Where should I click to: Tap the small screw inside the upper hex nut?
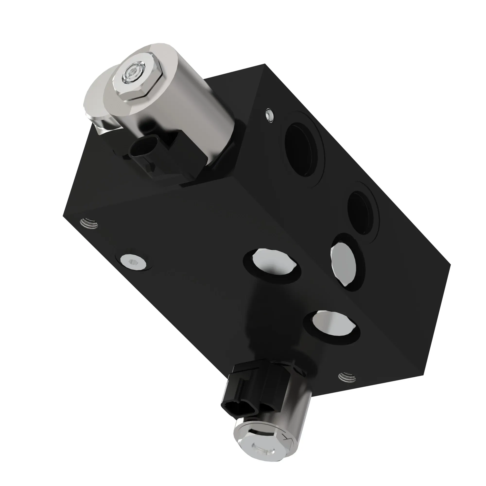[x=130, y=74]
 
